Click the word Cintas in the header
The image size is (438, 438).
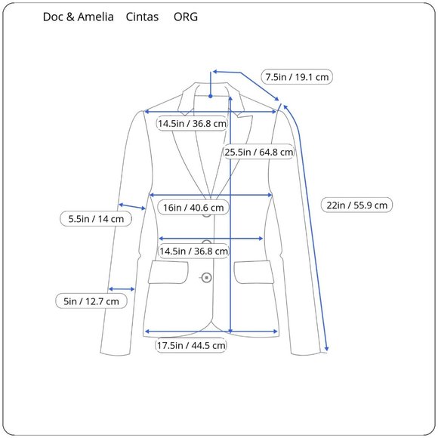click(142, 17)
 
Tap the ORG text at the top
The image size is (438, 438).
click(186, 17)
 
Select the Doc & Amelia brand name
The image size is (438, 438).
click(79, 17)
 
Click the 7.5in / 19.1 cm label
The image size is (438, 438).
click(297, 77)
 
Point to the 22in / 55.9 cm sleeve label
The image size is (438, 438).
click(356, 205)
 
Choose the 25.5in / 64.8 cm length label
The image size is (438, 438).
click(259, 152)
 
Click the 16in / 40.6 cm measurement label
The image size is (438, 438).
click(193, 208)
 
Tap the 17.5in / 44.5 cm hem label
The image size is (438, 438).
click(191, 346)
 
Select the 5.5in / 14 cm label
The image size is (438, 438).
click(96, 219)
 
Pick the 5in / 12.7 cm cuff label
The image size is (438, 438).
click(91, 301)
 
